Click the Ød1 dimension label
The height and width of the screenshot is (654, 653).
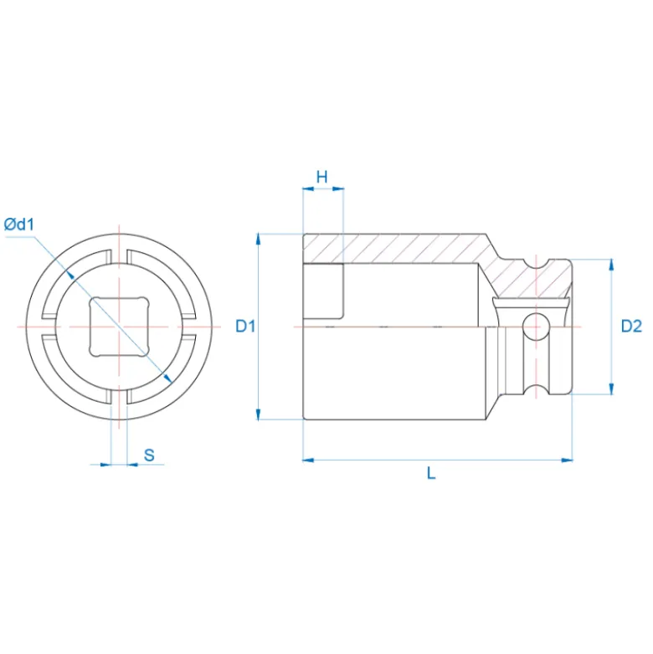18,224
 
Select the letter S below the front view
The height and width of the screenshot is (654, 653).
149,455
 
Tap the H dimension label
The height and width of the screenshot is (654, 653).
322,177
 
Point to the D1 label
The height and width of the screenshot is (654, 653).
245,326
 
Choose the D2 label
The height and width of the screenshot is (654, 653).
631,326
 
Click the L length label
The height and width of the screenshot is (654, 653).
431,473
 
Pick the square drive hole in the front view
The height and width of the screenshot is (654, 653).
119,327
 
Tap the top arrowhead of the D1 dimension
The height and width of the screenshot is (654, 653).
259,239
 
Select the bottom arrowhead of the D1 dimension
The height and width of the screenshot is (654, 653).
259,414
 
